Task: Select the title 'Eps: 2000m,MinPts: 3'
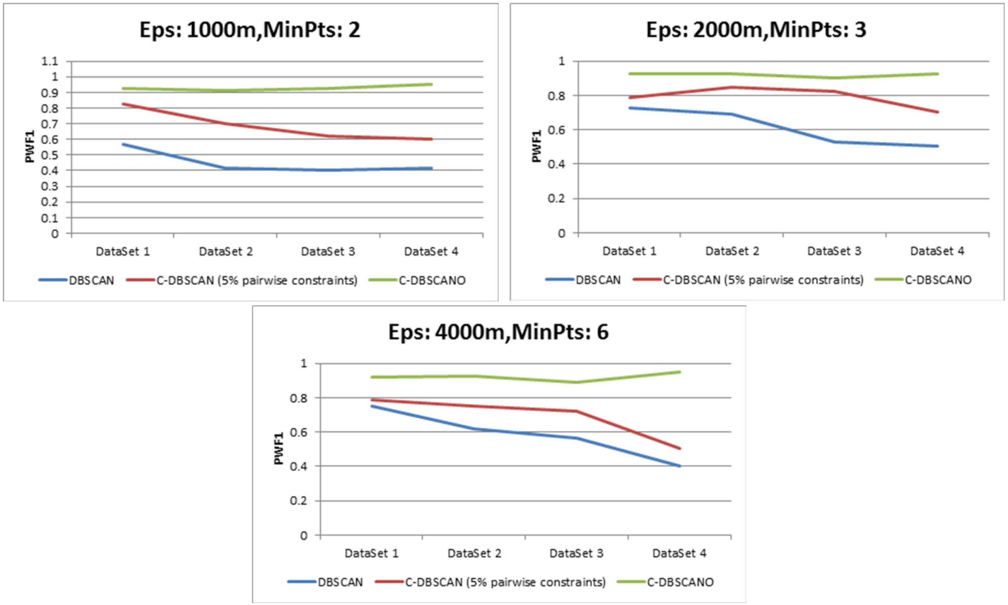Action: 756,30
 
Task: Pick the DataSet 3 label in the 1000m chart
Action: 328,251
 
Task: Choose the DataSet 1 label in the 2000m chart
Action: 630,251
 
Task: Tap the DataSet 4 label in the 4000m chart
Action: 679,553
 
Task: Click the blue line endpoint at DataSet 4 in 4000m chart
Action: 680,466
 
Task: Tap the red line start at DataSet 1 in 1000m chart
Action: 123,104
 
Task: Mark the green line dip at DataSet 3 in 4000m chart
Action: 576,382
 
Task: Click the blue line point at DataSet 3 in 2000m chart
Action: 835,142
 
